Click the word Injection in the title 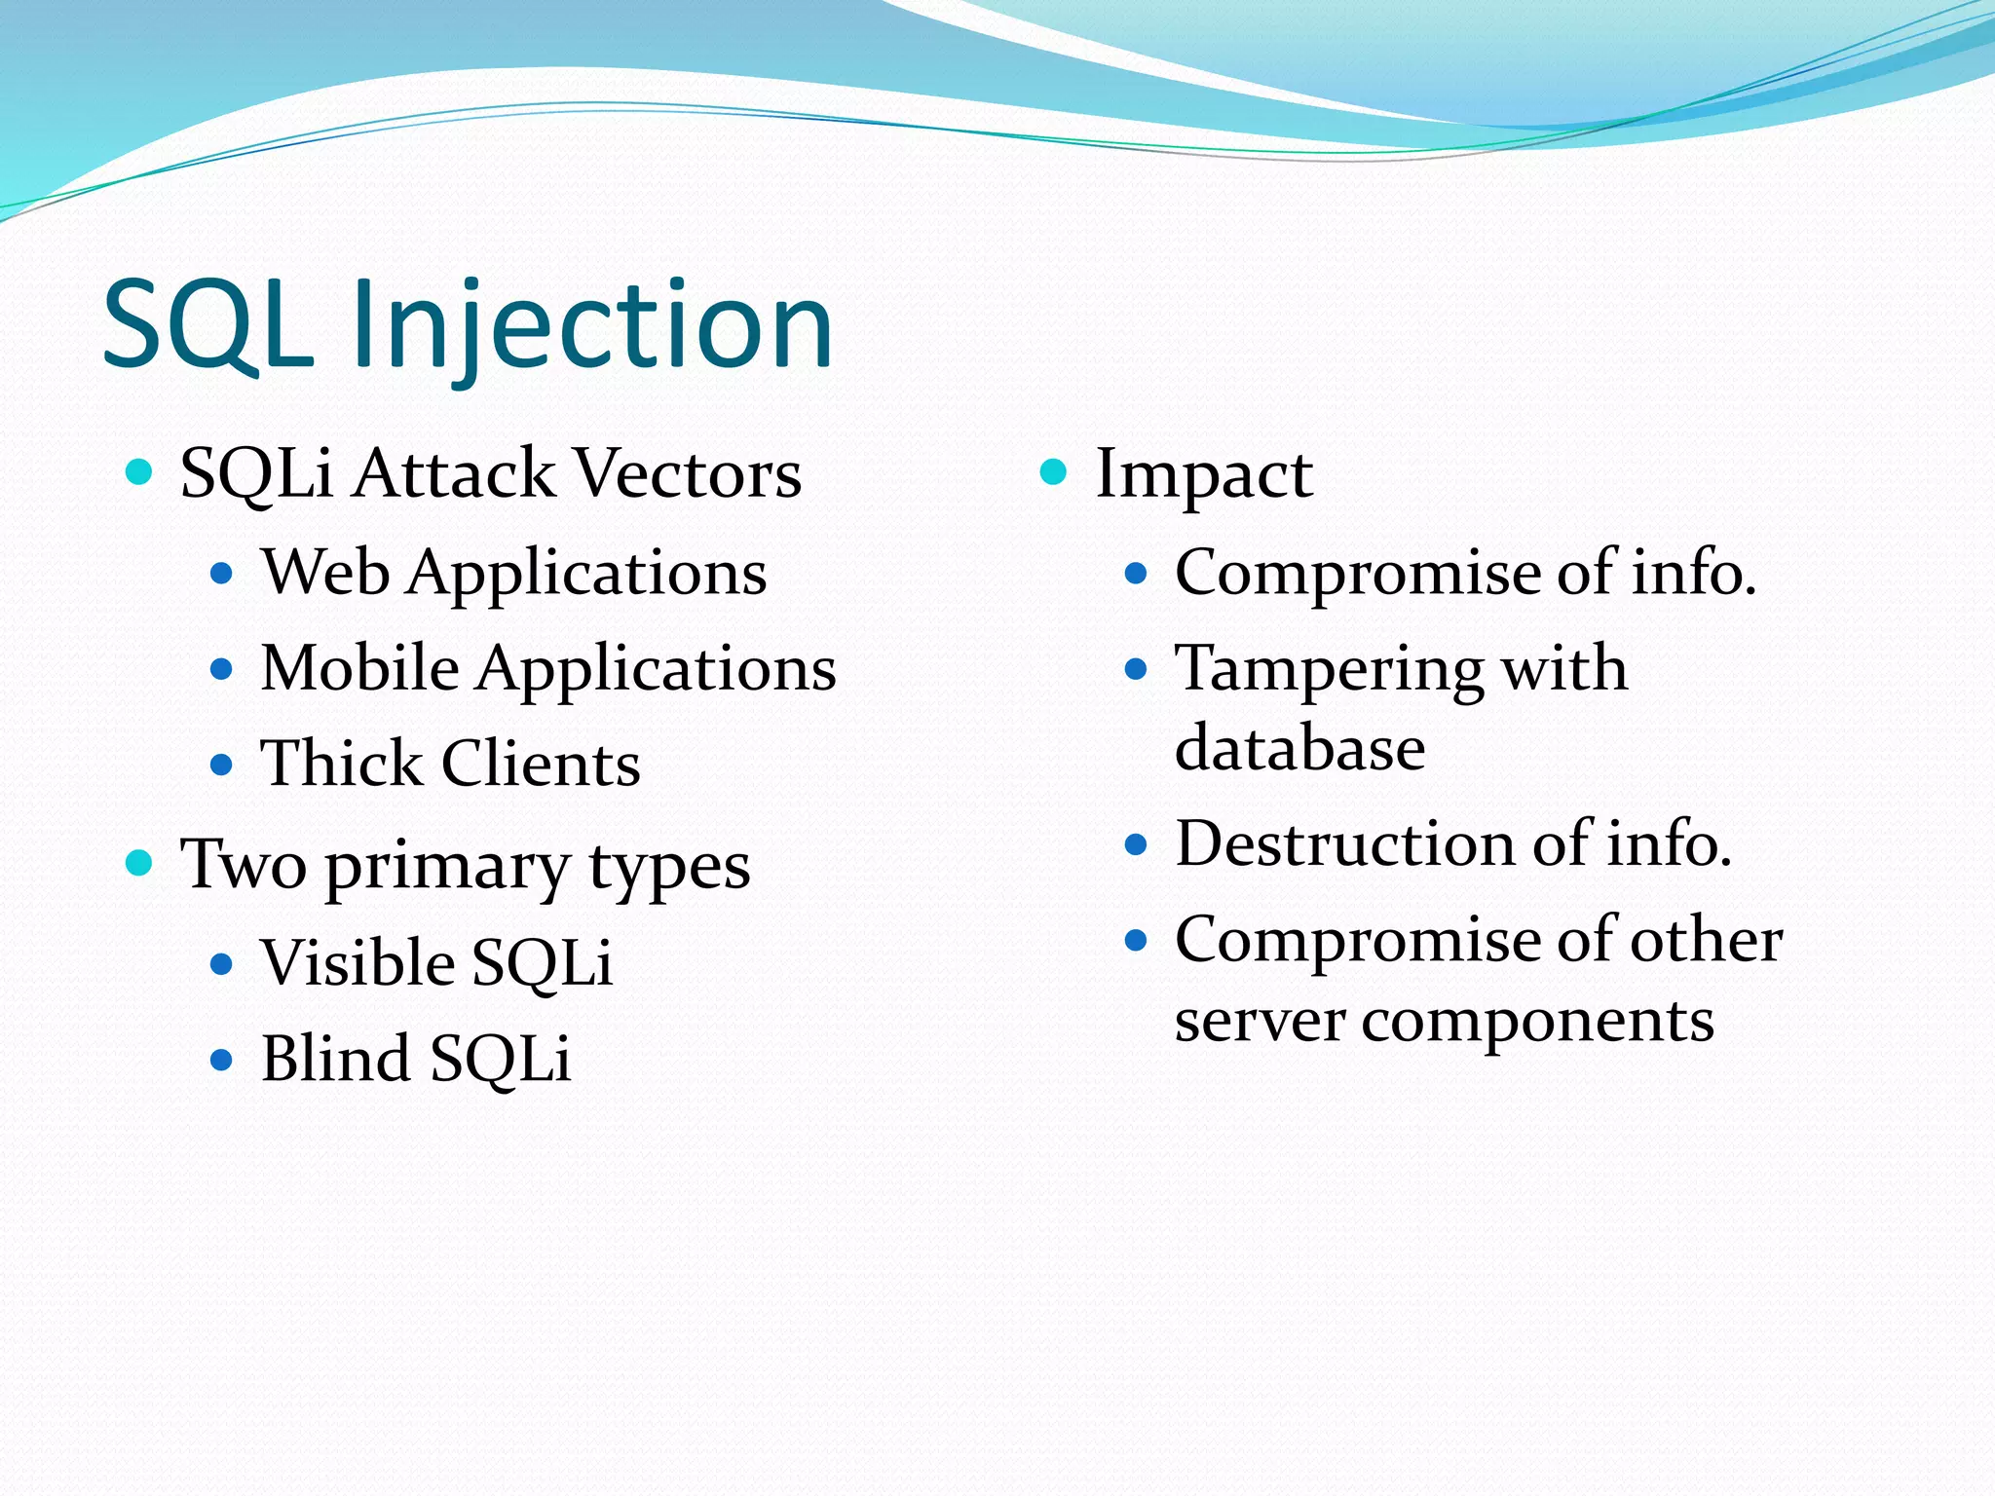tap(591, 326)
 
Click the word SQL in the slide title tap(208, 326)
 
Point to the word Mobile tap(359, 669)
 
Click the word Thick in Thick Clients tap(341, 764)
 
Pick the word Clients tap(541, 764)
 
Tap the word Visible tap(358, 963)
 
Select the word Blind tap(336, 1059)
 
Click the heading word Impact tap(1204, 475)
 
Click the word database tap(1299, 749)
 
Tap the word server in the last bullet tap(1260, 1021)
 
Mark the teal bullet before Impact tap(1053, 472)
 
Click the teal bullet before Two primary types tap(139, 862)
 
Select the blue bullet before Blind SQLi tap(222, 1060)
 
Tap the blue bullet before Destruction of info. tap(1135, 844)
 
